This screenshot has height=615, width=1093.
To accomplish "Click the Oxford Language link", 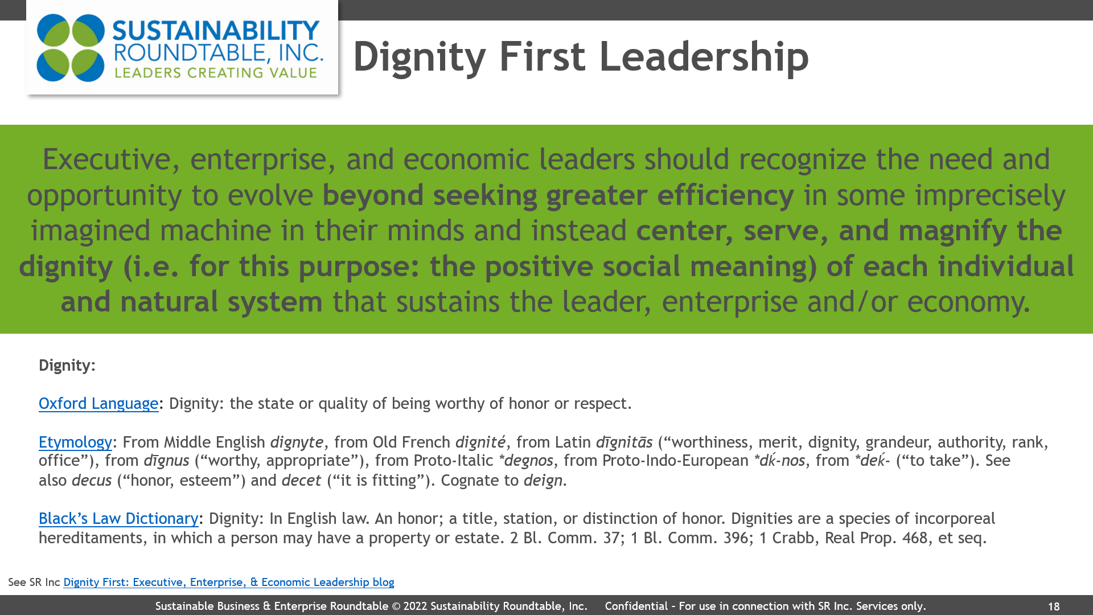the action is [98, 403].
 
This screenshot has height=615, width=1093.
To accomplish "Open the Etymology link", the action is [75, 442].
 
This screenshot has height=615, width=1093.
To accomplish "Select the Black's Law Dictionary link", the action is [118, 518].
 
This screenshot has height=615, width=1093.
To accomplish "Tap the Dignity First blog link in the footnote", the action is [229, 582].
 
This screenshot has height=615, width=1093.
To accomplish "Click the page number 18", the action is [1054, 607].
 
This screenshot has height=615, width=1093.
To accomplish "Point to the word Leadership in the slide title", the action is [704, 56].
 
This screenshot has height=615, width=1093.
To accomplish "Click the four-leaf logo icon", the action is [71, 48].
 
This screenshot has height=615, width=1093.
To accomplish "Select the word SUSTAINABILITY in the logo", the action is [216, 31].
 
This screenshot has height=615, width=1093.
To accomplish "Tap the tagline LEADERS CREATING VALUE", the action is [216, 73].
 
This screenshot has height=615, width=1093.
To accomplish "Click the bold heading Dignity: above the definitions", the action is [67, 365].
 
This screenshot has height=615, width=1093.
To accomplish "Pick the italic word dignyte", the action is [297, 442].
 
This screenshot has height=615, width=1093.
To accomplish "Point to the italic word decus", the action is [92, 480].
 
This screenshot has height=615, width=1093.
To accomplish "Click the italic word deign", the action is [543, 481].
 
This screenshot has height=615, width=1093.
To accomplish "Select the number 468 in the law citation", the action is [915, 538].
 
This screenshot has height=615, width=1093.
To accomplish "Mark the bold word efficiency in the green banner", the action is [726, 195].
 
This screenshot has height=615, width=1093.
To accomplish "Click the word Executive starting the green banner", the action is [106, 159].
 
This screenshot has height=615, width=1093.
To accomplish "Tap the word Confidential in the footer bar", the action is [636, 606].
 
